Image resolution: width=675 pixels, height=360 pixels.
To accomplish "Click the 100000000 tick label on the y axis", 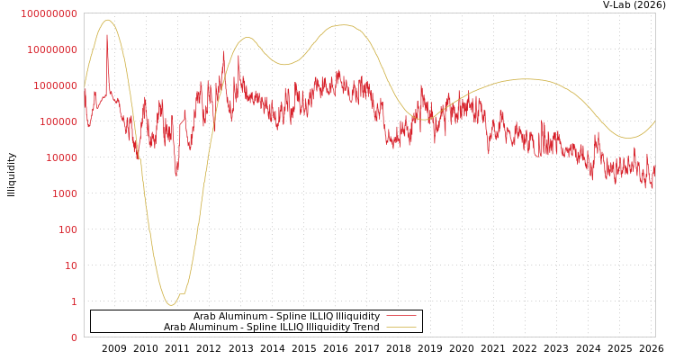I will [x=49, y=13].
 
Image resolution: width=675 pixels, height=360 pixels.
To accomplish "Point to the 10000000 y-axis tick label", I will [x=51, y=49].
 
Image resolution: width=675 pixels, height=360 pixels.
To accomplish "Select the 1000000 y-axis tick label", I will [x=54, y=85].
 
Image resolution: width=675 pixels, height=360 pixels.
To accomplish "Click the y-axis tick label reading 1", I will [x=74, y=301].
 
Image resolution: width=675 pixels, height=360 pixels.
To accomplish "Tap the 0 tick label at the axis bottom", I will [x=74, y=337].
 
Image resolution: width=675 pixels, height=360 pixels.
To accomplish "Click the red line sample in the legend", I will [x=401, y=317].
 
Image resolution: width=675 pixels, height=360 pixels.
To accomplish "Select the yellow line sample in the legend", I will [x=401, y=328].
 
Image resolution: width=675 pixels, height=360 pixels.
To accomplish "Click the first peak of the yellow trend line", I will [x=107, y=20].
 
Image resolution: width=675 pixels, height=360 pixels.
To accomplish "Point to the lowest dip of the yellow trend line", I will [x=170, y=305].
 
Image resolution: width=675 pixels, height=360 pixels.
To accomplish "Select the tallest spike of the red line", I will [x=107, y=34].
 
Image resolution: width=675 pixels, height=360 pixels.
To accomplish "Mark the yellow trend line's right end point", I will [x=654, y=121].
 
